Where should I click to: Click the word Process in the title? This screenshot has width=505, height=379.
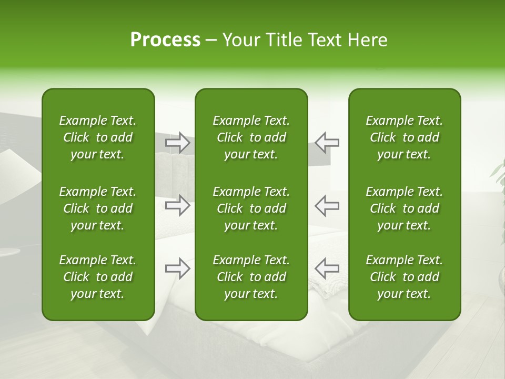click(165, 40)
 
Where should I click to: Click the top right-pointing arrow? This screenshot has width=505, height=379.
click(178, 143)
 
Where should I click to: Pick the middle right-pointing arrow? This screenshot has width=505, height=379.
click(178, 205)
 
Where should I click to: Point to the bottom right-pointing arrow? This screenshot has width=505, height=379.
click(178, 268)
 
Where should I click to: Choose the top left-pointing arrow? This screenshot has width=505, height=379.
click(327, 143)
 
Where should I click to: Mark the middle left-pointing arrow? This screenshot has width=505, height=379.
click(327, 205)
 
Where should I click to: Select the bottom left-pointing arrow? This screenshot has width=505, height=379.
click(327, 268)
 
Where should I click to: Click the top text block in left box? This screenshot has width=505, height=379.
click(98, 137)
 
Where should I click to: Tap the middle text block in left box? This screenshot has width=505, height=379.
click(98, 208)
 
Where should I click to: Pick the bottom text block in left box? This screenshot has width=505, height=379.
click(98, 277)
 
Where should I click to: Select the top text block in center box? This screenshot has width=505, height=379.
click(251, 137)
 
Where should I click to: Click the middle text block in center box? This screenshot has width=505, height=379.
click(251, 208)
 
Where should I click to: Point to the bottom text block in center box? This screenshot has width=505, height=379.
click(251, 277)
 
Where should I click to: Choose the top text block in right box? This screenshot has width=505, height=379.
click(405, 137)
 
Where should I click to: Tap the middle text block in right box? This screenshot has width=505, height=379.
click(405, 208)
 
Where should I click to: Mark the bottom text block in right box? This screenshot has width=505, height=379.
click(405, 277)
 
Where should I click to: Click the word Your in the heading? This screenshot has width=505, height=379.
click(241, 40)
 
